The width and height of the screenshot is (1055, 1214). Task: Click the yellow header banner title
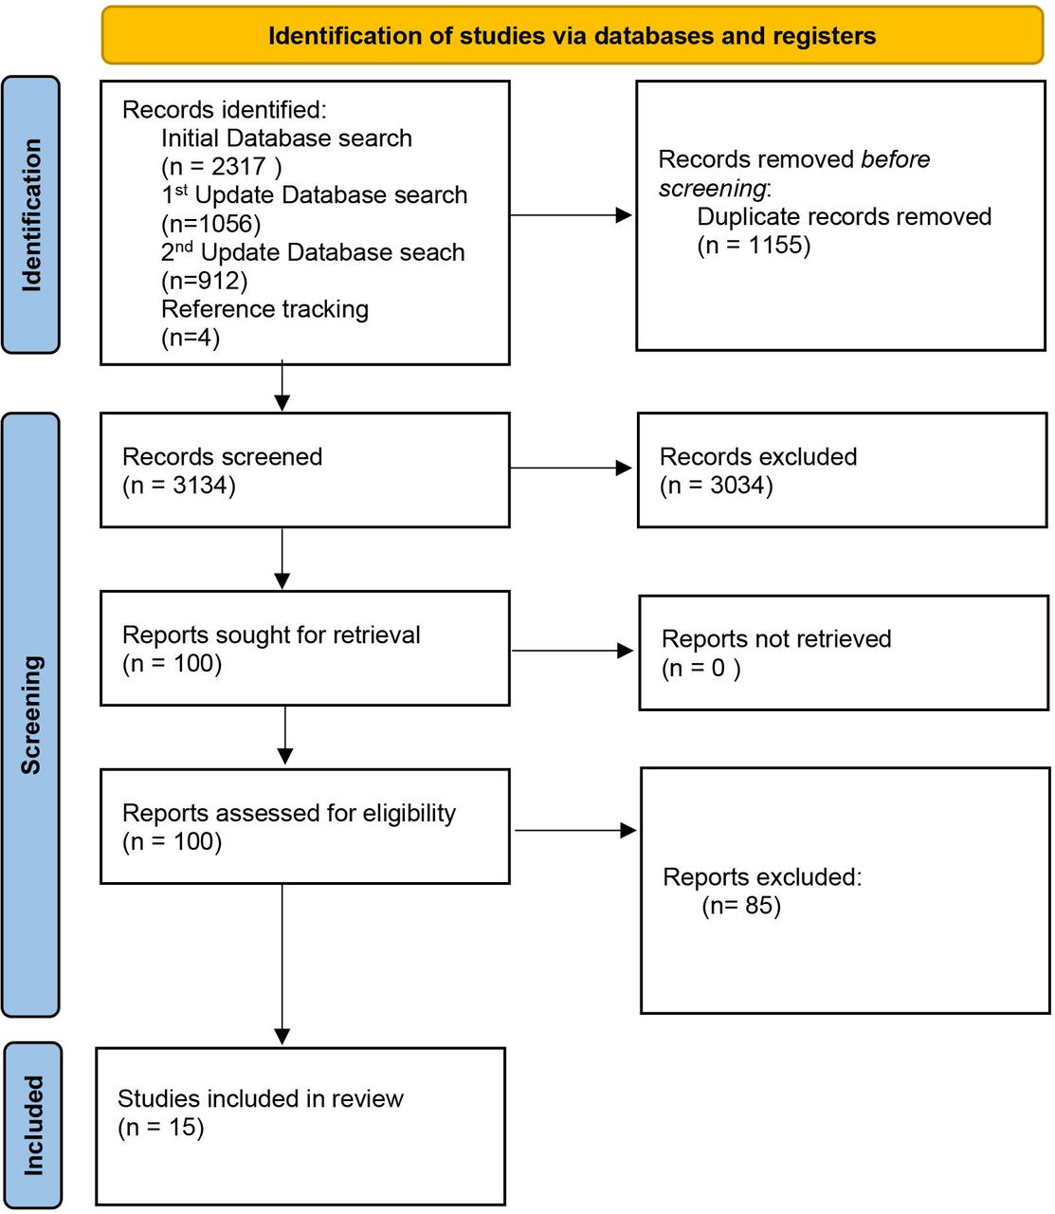pyautogui.click(x=572, y=36)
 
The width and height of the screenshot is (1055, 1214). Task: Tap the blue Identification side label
pyautogui.click(x=31, y=214)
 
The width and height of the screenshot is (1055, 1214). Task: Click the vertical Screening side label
pyautogui.click(x=31, y=715)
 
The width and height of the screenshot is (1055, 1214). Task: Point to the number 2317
pyautogui.click(x=239, y=167)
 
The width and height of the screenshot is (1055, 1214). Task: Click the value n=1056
pyautogui.click(x=211, y=224)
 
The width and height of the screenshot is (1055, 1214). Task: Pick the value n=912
pyautogui.click(x=205, y=281)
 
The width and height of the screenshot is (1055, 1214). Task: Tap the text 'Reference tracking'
pyautogui.click(x=264, y=309)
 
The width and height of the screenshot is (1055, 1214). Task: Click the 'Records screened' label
pyautogui.click(x=222, y=456)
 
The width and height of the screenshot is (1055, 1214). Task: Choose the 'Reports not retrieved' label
pyautogui.click(x=776, y=639)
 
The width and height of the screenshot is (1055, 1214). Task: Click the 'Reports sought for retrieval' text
pyautogui.click(x=271, y=635)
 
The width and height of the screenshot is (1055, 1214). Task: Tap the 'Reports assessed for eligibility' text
pyautogui.click(x=289, y=813)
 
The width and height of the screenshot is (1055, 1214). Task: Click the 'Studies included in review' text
pyautogui.click(x=261, y=1099)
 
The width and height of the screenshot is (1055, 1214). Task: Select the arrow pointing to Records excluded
pyautogui.click(x=571, y=469)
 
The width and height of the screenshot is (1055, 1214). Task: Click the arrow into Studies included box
pyautogui.click(x=282, y=965)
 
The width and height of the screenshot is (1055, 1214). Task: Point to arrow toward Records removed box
pyautogui.click(x=571, y=214)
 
